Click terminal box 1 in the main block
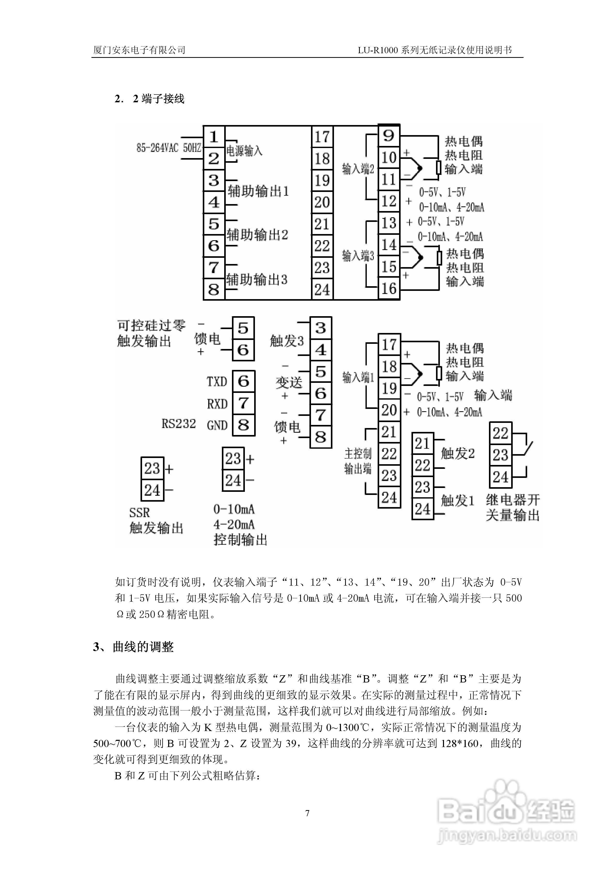pos(214,137)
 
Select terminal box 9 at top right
pos(389,136)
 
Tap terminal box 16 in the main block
pos(389,289)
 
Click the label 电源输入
pos(244,151)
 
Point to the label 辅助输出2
pos(257,235)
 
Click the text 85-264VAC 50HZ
pos(169,147)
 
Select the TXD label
pos(217,381)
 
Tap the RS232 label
pos(178,424)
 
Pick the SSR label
pos(139,513)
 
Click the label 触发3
pos(287,341)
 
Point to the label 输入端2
pos(358,169)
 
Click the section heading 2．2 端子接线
pos(149,99)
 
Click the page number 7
pos(307,813)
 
